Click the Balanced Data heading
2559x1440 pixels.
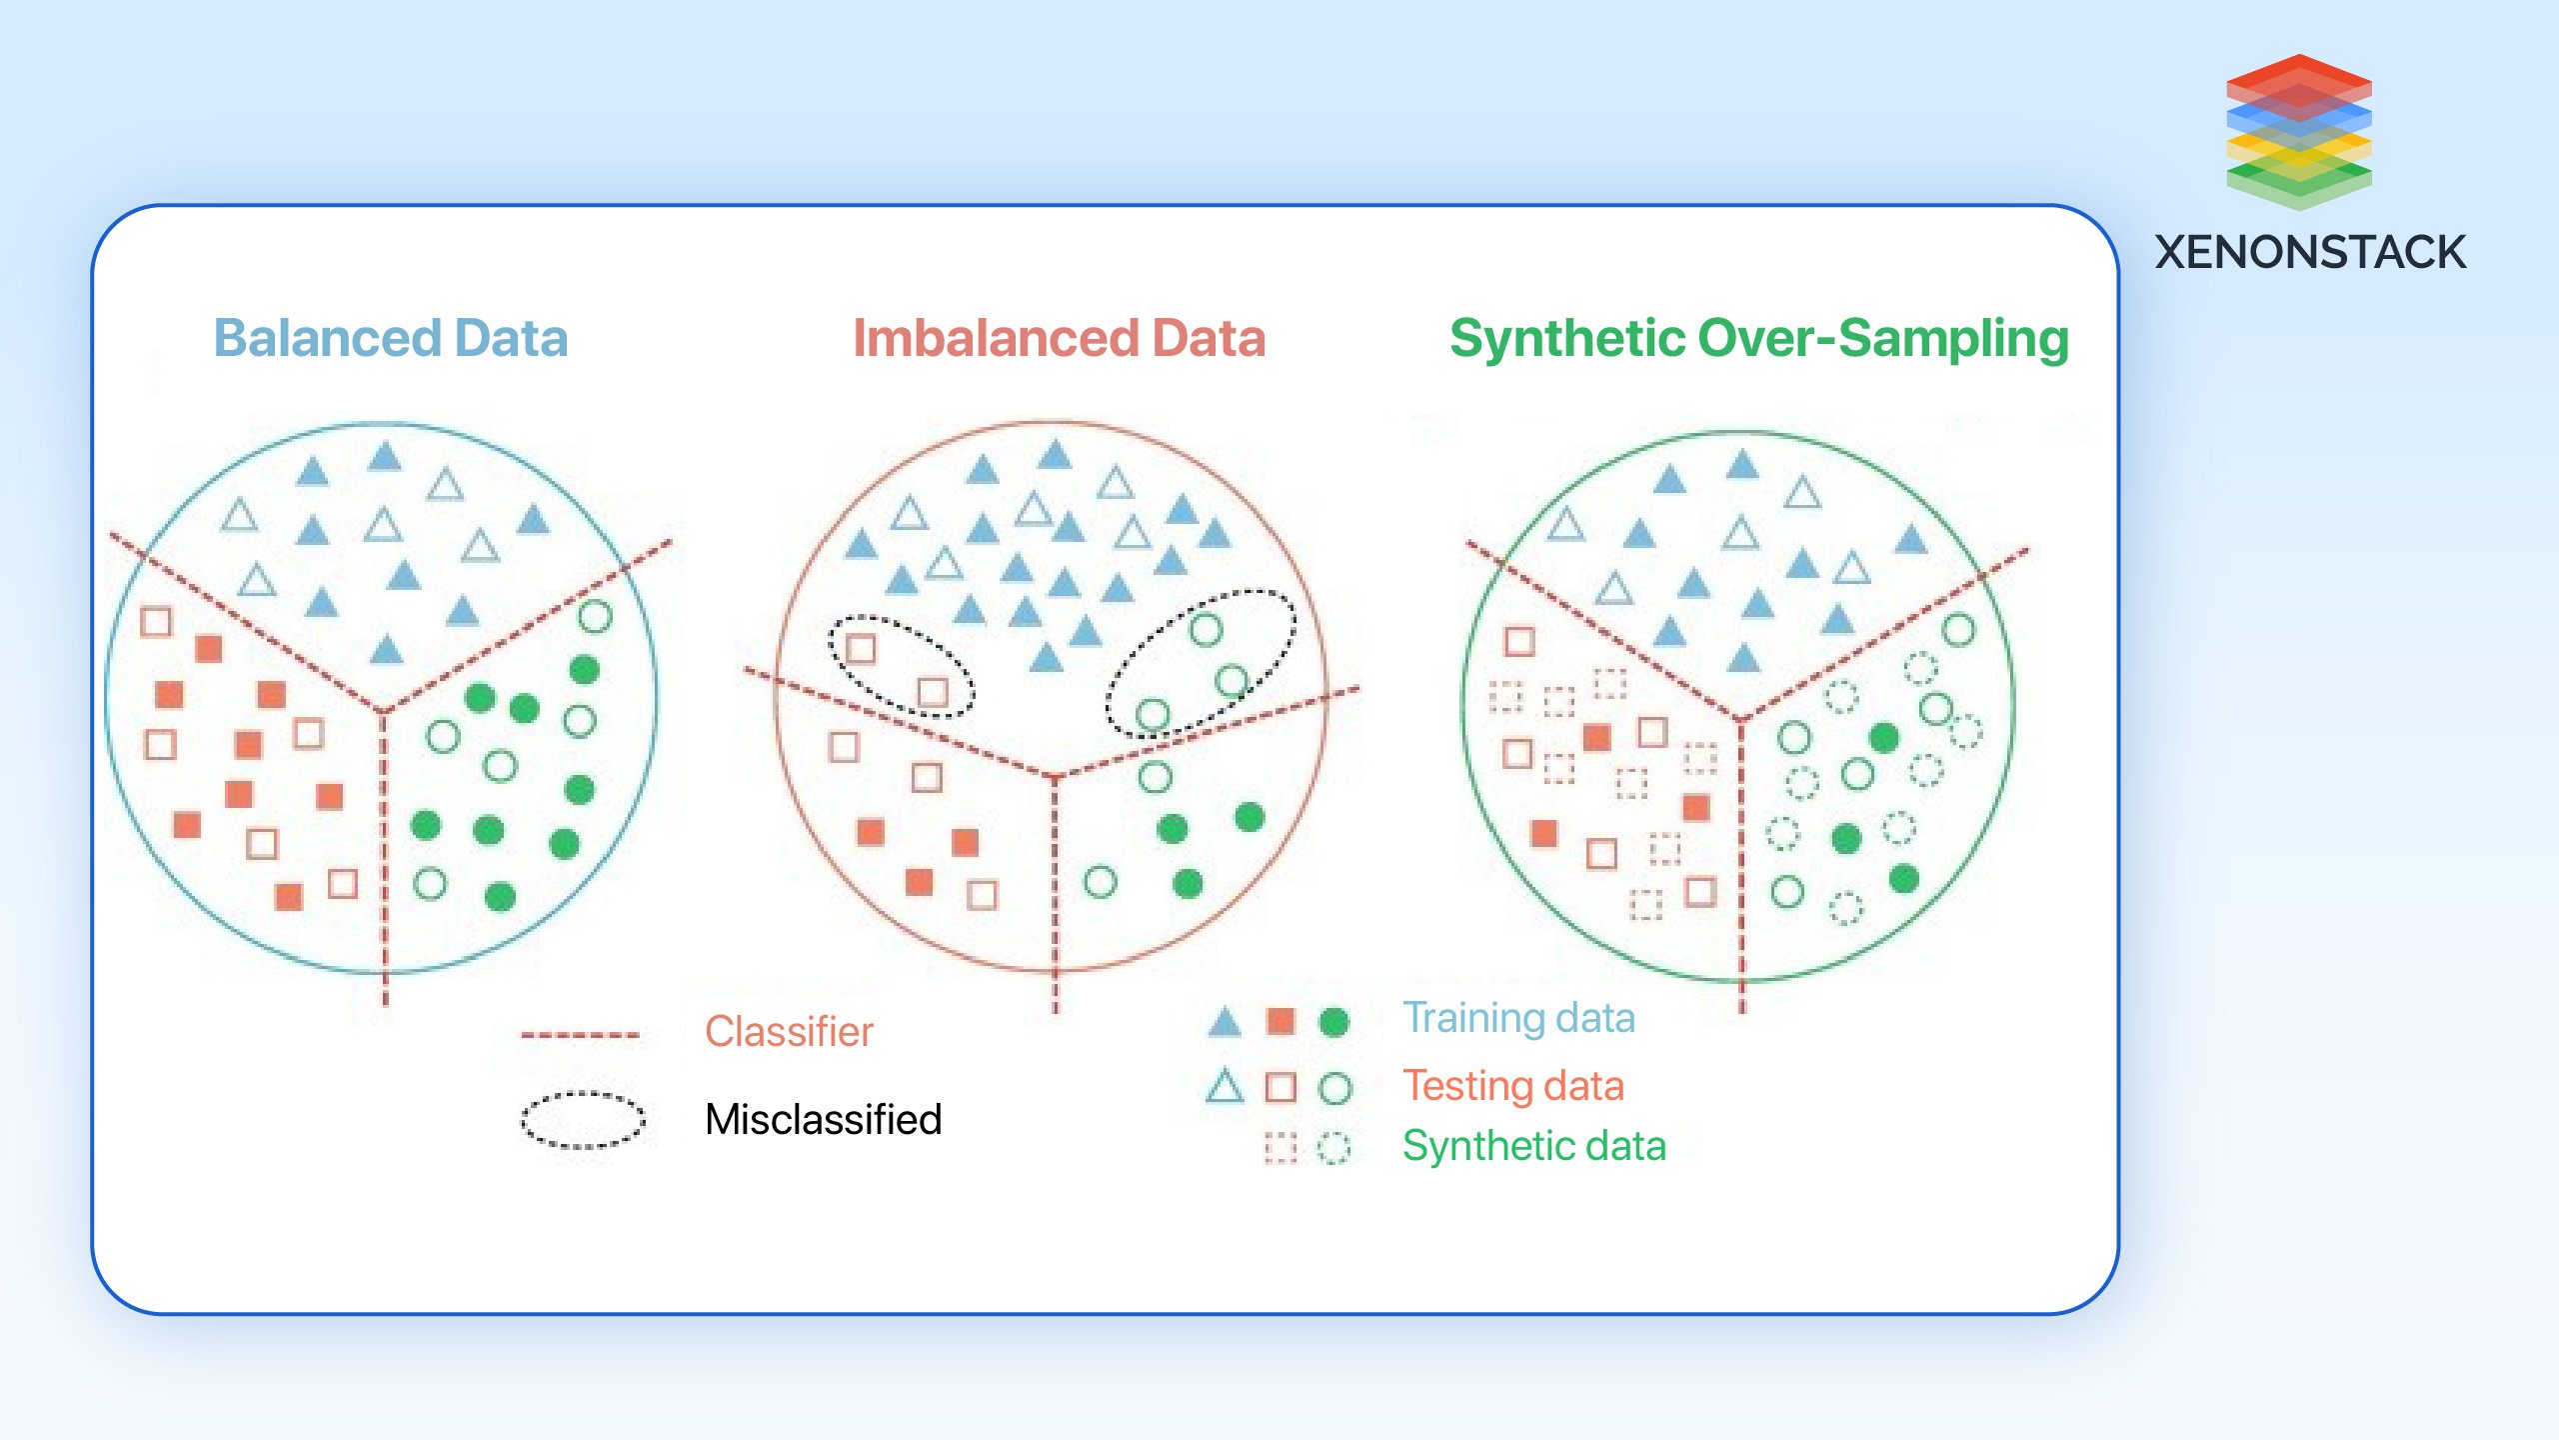[x=391, y=338]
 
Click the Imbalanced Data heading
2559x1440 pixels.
[x=1059, y=338]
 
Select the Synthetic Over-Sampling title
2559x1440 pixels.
[x=1758, y=338]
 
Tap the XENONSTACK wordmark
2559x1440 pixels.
[x=2310, y=252]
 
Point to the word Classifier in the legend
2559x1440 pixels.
[x=789, y=1031]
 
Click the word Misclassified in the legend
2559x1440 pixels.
[x=823, y=1119]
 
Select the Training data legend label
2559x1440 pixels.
[x=1518, y=1017]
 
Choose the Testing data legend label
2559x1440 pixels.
[x=1512, y=1085]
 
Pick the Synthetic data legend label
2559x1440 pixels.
[x=1533, y=1145]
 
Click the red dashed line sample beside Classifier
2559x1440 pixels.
[x=581, y=1035]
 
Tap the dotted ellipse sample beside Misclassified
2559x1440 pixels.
[x=583, y=1120]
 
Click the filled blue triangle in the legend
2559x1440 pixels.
[x=1225, y=1022]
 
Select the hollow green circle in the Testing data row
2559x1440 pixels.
[x=1334, y=1088]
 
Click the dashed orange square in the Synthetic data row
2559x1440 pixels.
[x=1279, y=1147]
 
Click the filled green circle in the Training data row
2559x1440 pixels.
[x=1334, y=1022]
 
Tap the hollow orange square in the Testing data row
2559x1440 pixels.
[x=1280, y=1087]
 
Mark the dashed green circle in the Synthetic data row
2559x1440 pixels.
[x=1333, y=1148]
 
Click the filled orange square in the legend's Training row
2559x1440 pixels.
[x=1280, y=1021]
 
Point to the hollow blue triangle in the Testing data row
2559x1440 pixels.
[x=1225, y=1087]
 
